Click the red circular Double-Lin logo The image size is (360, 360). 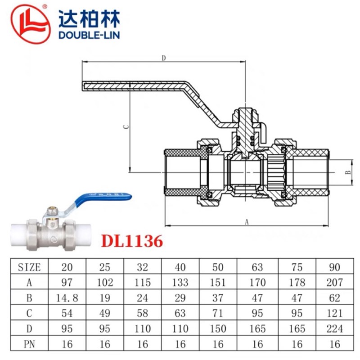click(31, 24)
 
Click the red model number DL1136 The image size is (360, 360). click(132, 241)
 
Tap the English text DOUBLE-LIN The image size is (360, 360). click(89, 35)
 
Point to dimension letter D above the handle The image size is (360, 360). click(164, 58)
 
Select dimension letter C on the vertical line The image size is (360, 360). click(126, 127)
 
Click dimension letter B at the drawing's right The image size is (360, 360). click(348, 172)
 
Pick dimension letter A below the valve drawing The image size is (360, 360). click(247, 222)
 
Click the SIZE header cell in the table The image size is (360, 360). click(29, 267)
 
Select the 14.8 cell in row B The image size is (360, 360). click(67, 298)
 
